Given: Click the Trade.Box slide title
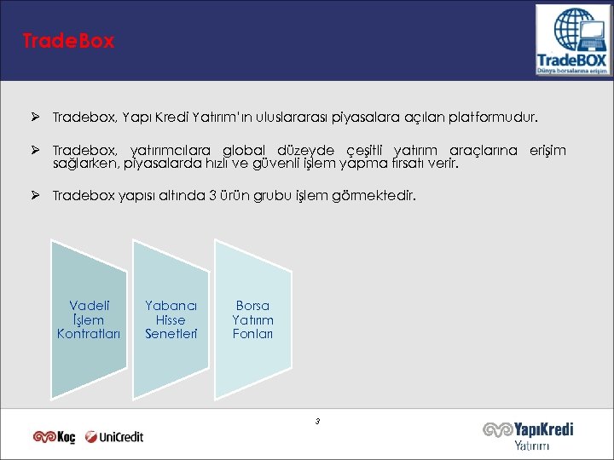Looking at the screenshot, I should click(69, 42).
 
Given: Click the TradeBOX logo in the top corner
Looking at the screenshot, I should click(572, 41).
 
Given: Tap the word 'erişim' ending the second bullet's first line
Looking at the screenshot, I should click(547, 150).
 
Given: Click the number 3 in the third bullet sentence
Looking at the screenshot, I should click(212, 196).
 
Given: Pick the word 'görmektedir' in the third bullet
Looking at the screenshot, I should click(378, 196).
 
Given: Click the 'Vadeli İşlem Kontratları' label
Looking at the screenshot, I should click(89, 319).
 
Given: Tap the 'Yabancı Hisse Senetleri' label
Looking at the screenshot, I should click(171, 319).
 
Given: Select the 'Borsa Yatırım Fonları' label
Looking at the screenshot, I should click(252, 319).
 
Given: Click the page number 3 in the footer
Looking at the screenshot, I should click(317, 421).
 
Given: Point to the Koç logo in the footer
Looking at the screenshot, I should click(55, 437).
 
